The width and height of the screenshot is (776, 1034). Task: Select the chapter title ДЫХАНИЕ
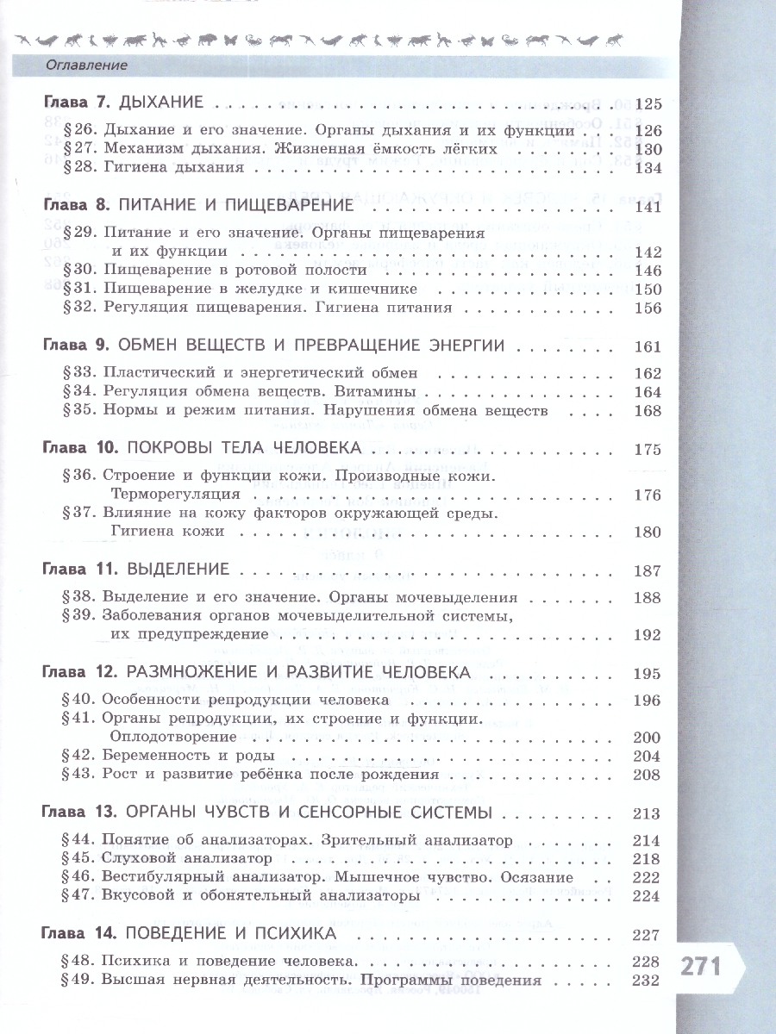[161, 103]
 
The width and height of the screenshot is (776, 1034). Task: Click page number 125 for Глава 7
[646, 104]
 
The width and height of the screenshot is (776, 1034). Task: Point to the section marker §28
[80, 167]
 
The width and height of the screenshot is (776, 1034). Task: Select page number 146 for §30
[646, 271]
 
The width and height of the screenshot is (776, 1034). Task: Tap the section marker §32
[80, 308]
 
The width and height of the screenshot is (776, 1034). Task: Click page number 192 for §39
[646, 634]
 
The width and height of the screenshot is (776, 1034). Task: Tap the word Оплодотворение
[173, 737]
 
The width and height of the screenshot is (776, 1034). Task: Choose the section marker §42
[80, 756]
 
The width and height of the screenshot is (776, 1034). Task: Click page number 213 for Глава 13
[646, 813]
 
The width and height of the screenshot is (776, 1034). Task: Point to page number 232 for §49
[646, 981]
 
